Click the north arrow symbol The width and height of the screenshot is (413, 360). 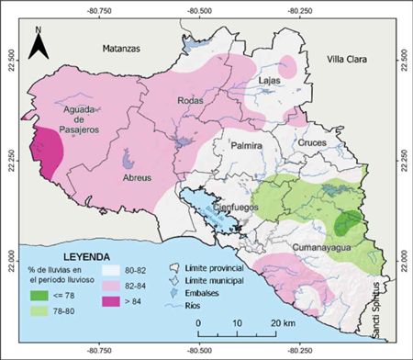(x=38, y=43)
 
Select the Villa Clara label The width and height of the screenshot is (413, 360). (x=347, y=60)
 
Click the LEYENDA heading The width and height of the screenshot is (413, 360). (x=87, y=256)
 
